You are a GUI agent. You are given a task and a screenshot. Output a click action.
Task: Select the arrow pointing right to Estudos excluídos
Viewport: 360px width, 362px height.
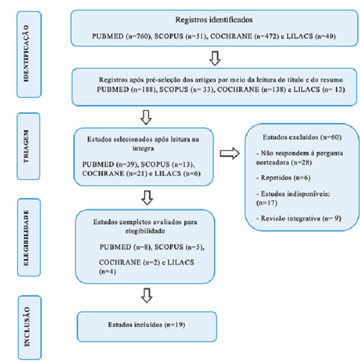tap(229, 153)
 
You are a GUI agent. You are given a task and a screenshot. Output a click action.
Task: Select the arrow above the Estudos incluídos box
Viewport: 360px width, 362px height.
tap(146, 296)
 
